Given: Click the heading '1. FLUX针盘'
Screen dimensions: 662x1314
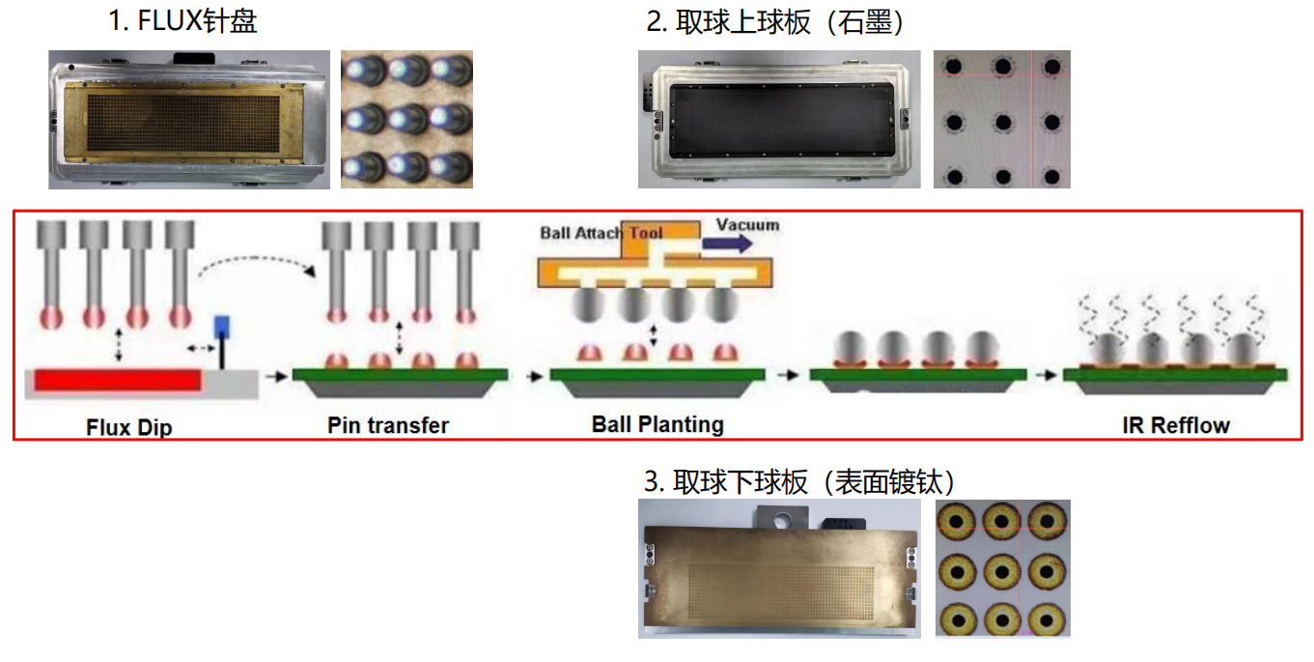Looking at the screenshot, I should tap(182, 21).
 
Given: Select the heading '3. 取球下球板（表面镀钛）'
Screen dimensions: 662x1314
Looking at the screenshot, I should tap(800, 480).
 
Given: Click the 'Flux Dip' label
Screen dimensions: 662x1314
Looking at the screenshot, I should tap(129, 426).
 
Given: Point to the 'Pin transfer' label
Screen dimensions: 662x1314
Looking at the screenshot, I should tap(388, 425).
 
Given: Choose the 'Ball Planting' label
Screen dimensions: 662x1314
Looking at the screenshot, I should tap(657, 423).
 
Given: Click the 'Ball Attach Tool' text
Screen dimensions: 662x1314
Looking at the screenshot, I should tap(601, 233).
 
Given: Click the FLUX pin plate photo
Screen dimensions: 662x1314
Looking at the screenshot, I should tap(189, 119).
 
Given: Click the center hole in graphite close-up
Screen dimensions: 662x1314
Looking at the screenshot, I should tap(1002, 123).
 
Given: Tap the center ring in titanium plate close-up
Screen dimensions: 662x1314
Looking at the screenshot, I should tap(1002, 568).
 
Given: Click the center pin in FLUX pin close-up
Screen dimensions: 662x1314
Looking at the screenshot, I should tap(405, 119).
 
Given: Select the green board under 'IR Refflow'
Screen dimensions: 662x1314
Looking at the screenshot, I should tap(1174, 374).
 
